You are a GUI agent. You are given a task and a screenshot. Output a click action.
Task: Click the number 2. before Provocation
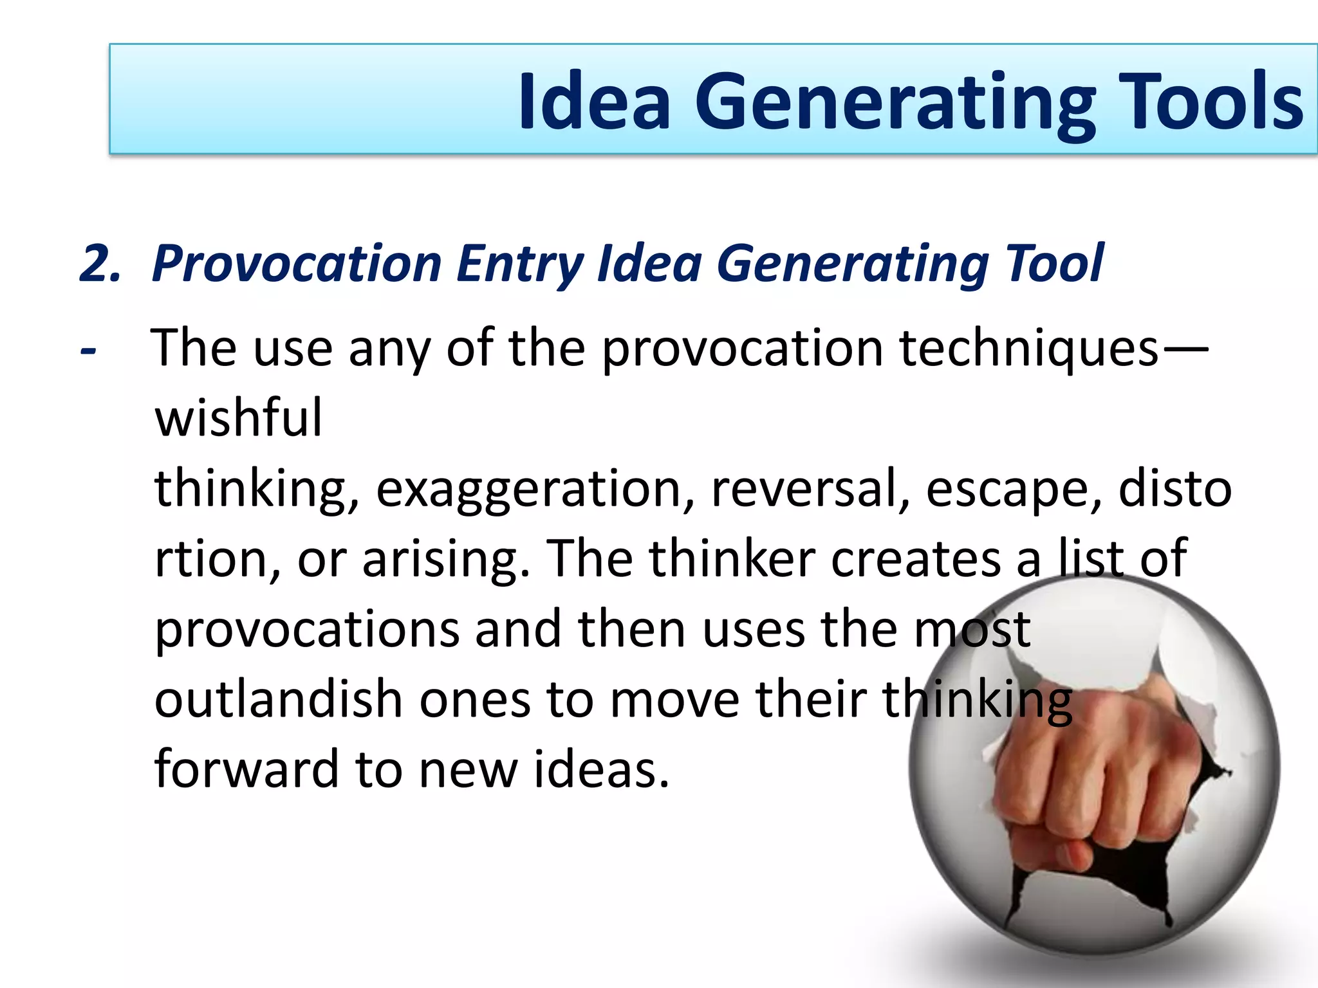tap(100, 264)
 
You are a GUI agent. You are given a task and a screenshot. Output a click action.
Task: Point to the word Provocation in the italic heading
tap(297, 264)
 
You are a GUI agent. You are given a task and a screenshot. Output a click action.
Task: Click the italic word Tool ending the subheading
tap(1055, 264)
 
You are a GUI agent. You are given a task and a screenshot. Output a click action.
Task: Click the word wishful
tap(238, 418)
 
